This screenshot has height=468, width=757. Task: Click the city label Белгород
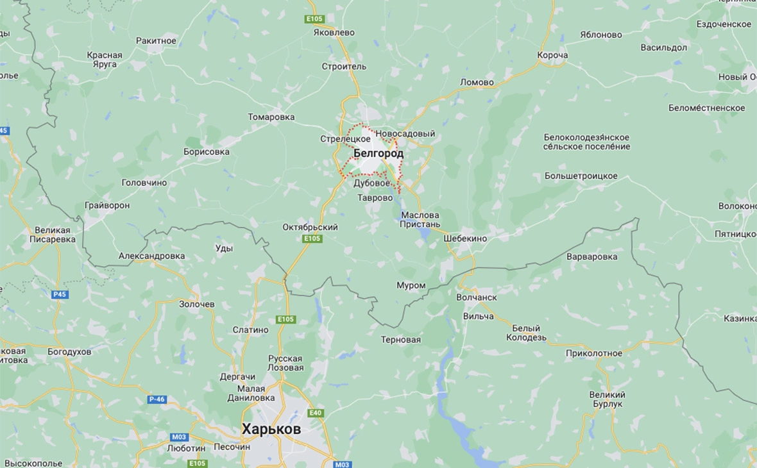[x=378, y=154]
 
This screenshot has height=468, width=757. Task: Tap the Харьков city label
[x=271, y=430]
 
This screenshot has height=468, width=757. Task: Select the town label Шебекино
[x=465, y=238]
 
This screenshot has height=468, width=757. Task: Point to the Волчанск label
[x=477, y=297]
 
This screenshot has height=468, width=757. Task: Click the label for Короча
[x=552, y=55]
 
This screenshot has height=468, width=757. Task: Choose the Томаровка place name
[x=271, y=117]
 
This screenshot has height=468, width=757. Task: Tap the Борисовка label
[x=206, y=152]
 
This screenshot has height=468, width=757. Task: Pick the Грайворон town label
[x=106, y=205]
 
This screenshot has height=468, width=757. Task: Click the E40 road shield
[x=316, y=413]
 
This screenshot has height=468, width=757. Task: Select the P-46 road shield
[x=157, y=399]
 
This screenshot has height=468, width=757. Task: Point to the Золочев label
[x=196, y=304]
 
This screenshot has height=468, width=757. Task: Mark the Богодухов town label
[x=69, y=352]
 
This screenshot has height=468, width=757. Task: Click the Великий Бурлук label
[x=607, y=399]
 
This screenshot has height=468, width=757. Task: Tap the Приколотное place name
[x=593, y=353]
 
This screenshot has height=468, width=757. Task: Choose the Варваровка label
[x=592, y=256]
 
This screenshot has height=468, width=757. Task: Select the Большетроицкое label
[x=581, y=176]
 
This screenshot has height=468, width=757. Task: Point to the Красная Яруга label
[x=105, y=60]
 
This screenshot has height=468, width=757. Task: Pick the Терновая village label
[x=400, y=339]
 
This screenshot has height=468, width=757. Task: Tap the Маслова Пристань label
[x=420, y=220]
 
